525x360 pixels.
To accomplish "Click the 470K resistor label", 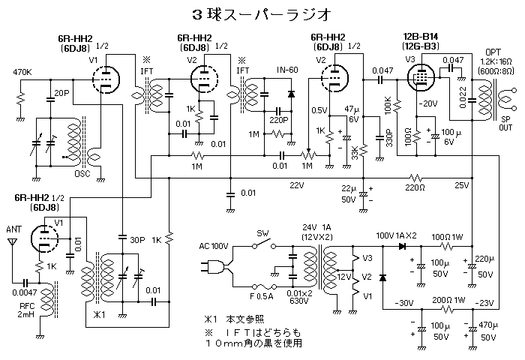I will pos(23,73).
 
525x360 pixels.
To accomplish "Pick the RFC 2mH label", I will pos(18,310).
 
